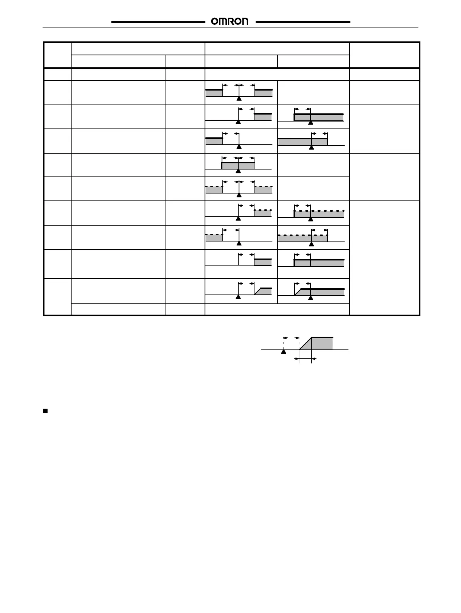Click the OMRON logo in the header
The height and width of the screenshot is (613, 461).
(x=230, y=22)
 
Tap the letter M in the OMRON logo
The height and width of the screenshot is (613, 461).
(x=223, y=22)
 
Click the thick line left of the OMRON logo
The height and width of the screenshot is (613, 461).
(x=158, y=22)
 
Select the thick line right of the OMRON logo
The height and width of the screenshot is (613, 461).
(x=303, y=22)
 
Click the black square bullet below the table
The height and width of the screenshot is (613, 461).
(x=45, y=411)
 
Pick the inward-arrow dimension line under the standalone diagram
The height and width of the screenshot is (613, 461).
(x=305, y=359)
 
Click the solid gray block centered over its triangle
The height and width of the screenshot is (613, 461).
(x=238, y=166)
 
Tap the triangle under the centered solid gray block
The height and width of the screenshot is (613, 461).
(x=238, y=171)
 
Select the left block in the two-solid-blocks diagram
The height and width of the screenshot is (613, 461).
(x=214, y=93)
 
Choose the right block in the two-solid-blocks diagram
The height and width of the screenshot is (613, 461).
(x=263, y=93)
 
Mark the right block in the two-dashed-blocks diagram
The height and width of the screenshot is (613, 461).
(x=263, y=190)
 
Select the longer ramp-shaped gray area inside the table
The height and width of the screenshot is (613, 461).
(x=321, y=292)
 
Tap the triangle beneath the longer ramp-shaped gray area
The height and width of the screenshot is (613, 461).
(x=310, y=298)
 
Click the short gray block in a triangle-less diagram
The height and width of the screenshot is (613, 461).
(x=263, y=262)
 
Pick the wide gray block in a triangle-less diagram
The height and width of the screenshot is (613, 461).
(x=319, y=263)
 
